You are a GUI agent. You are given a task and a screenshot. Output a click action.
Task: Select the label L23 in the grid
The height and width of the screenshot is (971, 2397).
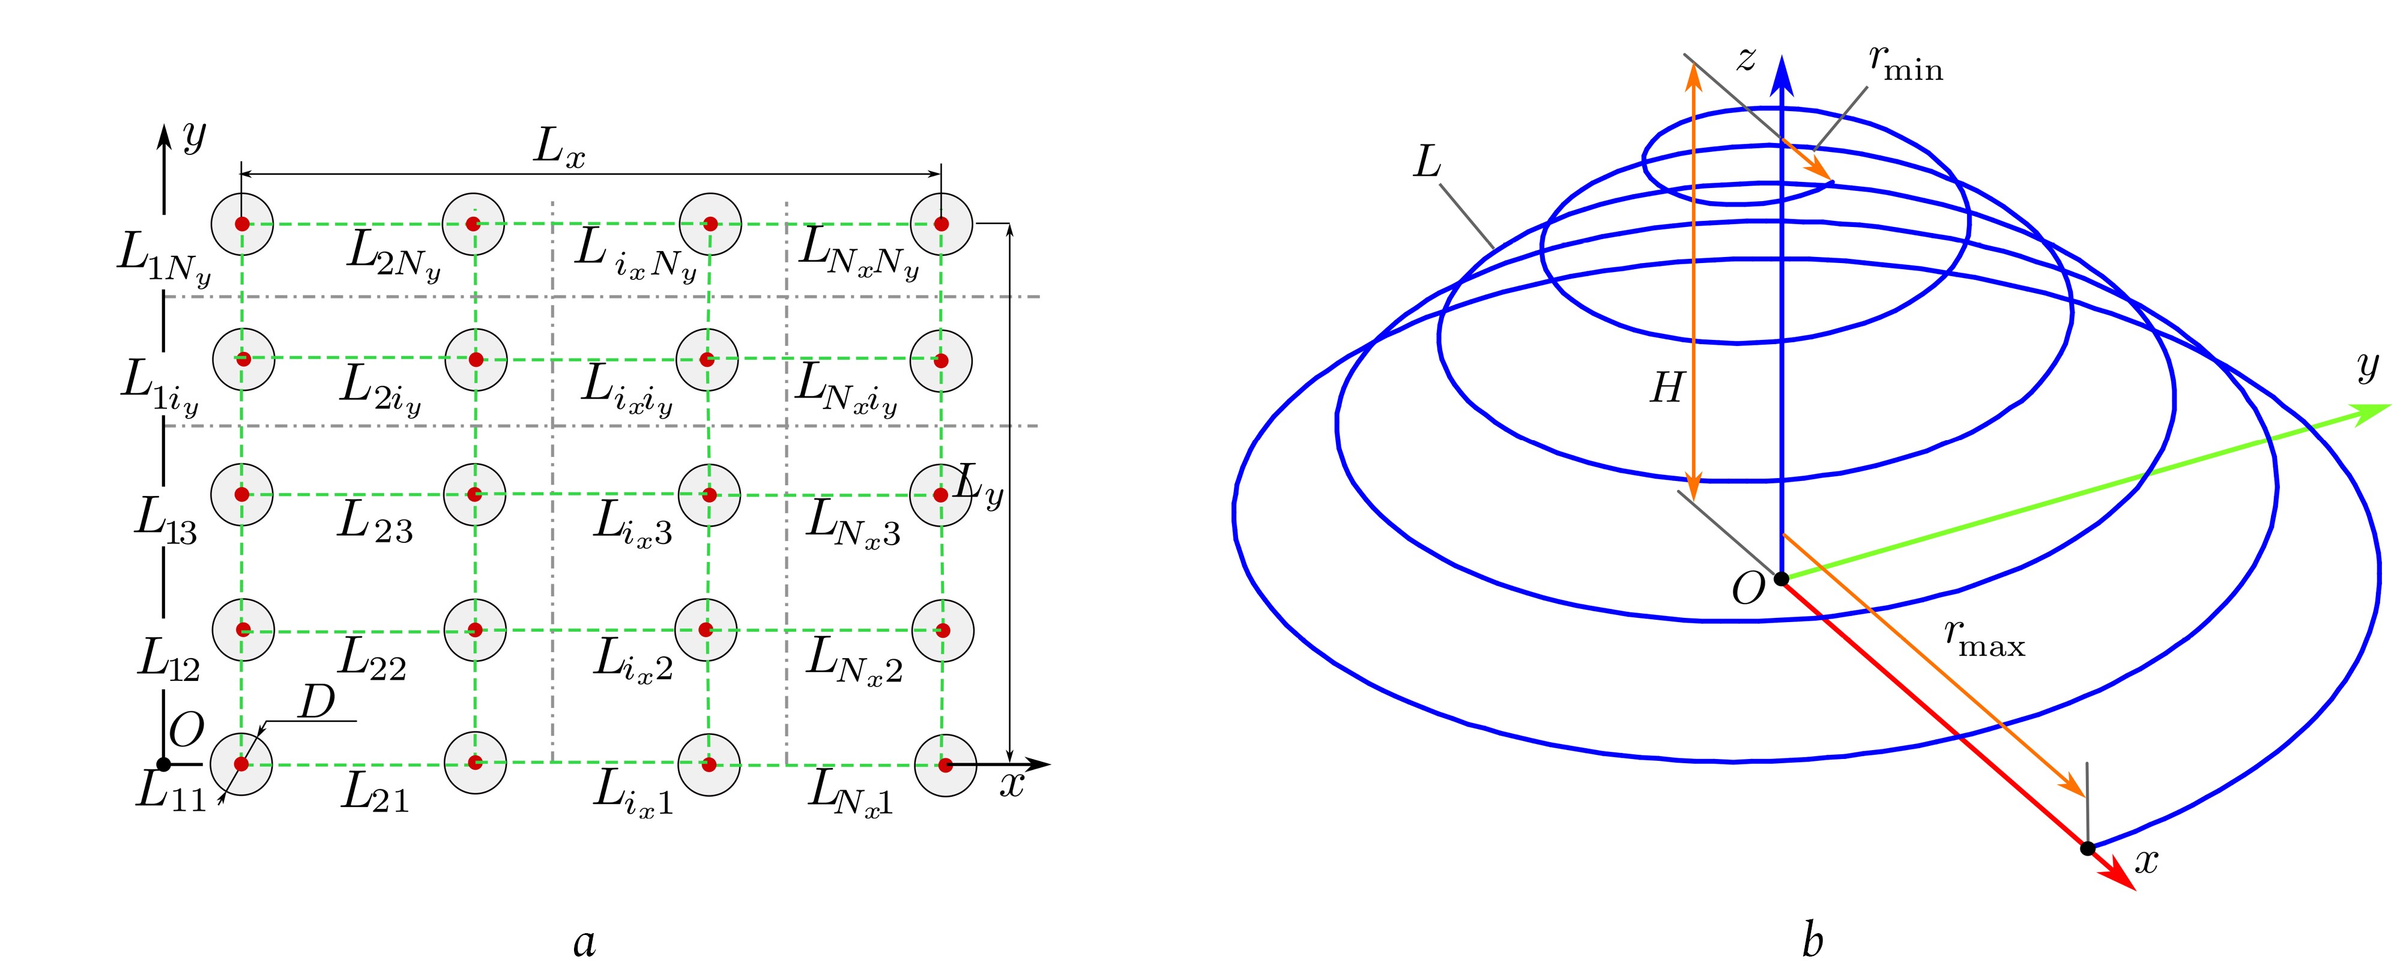pos(374,523)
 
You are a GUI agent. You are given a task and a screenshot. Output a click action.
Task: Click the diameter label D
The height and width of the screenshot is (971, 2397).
pos(316,703)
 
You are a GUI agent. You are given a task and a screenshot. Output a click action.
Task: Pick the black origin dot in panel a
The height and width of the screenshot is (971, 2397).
pos(164,764)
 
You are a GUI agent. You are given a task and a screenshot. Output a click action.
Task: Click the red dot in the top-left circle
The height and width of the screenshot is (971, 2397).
pos(242,225)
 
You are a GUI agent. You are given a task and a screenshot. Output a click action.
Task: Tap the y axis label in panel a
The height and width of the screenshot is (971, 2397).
pos(193,137)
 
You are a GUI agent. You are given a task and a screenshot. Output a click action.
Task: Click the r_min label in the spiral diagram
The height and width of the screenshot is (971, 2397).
pos(1905,63)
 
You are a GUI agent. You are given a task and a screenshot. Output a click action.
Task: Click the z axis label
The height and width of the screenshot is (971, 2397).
pos(1747,59)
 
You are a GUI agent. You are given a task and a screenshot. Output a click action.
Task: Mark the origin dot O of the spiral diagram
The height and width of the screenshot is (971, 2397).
pos(1781,579)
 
